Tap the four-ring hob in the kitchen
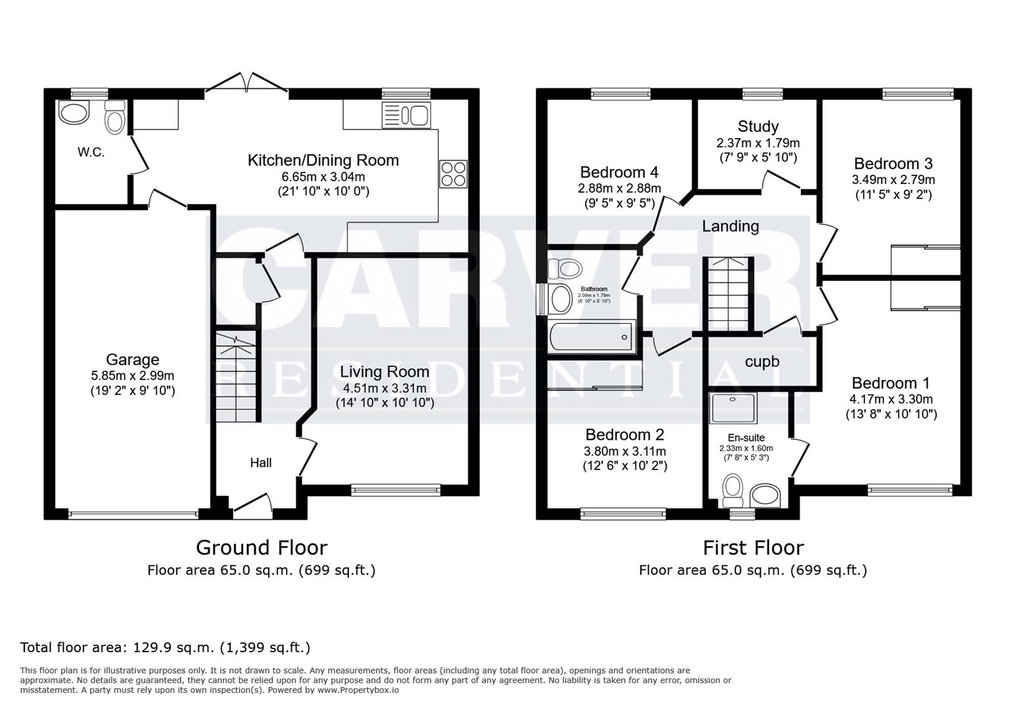coord(453,174)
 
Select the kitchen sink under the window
coord(405,116)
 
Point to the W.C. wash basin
coord(73,113)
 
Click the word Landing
coord(730,226)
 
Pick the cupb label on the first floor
coord(762,362)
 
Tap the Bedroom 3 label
coord(893,164)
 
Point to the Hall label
coord(261,463)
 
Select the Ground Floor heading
coord(261,547)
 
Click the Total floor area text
coord(165,648)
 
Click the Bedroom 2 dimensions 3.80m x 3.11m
coord(625,451)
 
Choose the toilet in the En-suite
coord(732,488)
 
